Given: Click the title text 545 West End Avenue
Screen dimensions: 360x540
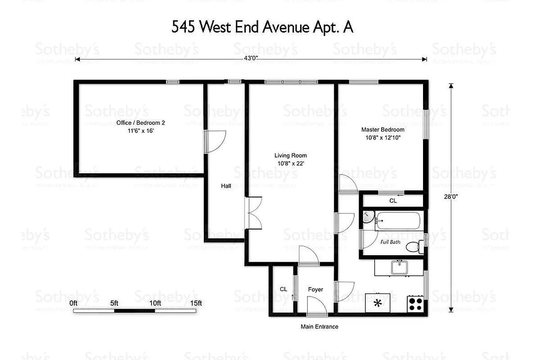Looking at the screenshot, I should click(x=262, y=27).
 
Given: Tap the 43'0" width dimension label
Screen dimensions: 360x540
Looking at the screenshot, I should click(x=250, y=58).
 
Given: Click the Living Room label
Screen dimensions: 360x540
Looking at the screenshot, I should click(x=292, y=159).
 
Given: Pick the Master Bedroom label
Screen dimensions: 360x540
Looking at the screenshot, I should click(x=382, y=134).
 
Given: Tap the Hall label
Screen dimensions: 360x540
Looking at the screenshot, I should click(x=226, y=185).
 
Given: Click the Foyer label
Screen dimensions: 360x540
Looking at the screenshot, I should click(x=315, y=289).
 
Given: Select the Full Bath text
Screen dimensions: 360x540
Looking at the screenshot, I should click(x=390, y=242).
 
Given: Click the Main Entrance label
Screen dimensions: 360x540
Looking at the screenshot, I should click(x=319, y=327).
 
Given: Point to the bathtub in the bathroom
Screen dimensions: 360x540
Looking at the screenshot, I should click(x=398, y=221).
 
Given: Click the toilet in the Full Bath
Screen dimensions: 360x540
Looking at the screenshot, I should click(x=414, y=247).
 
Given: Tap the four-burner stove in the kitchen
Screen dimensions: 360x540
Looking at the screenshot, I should click(x=415, y=304).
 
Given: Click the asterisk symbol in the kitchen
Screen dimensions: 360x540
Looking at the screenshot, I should click(x=378, y=303).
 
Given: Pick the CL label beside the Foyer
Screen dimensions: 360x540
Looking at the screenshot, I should click(x=283, y=289).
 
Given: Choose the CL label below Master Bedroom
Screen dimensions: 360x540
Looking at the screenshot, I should click(x=393, y=201).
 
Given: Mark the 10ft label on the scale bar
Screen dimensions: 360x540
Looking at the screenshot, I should click(x=155, y=303).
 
